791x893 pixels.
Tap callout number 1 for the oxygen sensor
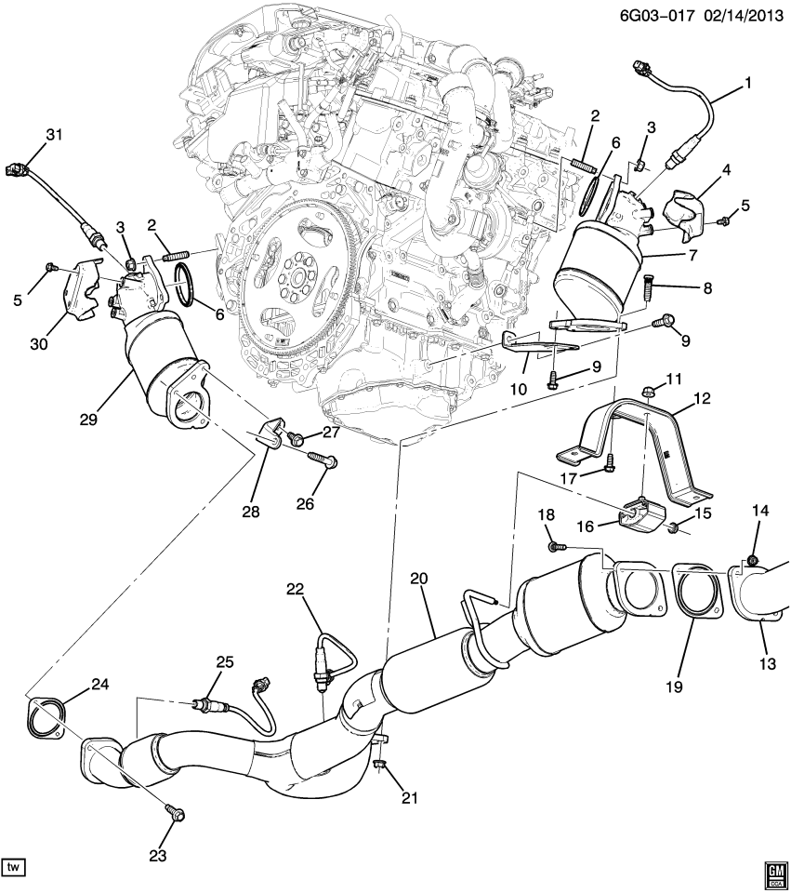(x=746, y=83)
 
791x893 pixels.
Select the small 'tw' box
(x=13, y=867)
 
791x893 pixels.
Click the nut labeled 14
(x=752, y=560)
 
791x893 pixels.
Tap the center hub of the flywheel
(x=295, y=275)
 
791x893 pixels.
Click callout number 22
(x=295, y=588)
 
